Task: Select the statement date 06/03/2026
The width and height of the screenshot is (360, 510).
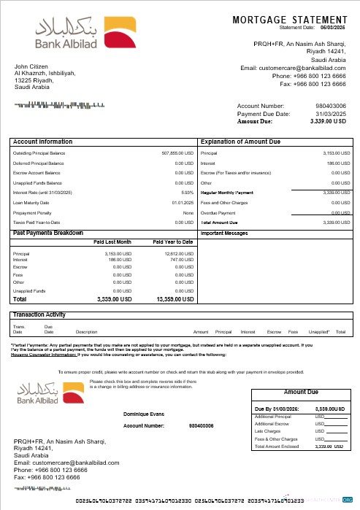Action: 333,27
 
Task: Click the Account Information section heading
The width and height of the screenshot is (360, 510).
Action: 43,142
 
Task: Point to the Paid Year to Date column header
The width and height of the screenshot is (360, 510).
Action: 172,242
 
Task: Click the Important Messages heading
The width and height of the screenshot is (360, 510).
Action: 226,234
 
